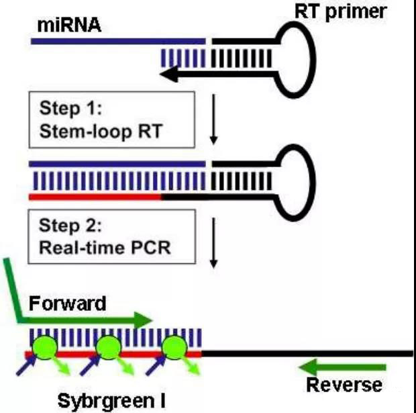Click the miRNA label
[69, 26]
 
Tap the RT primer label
[341, 11]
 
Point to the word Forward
[67, 304]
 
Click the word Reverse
[344, 385]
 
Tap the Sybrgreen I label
[111, 401]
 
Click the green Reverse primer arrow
[342, 367]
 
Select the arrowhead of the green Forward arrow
[143, 320]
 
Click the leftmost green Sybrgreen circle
[44, 347]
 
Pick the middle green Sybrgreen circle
[109, 347]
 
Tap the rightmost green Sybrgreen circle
[174, 347]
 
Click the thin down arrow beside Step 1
[213, 120]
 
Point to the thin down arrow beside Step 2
[213, 243]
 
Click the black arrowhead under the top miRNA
[169, 74]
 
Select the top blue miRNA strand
[118, 41]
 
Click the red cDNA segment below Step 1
[95, 197]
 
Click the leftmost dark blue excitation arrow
[26, 366]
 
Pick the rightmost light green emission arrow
[191, 366]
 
